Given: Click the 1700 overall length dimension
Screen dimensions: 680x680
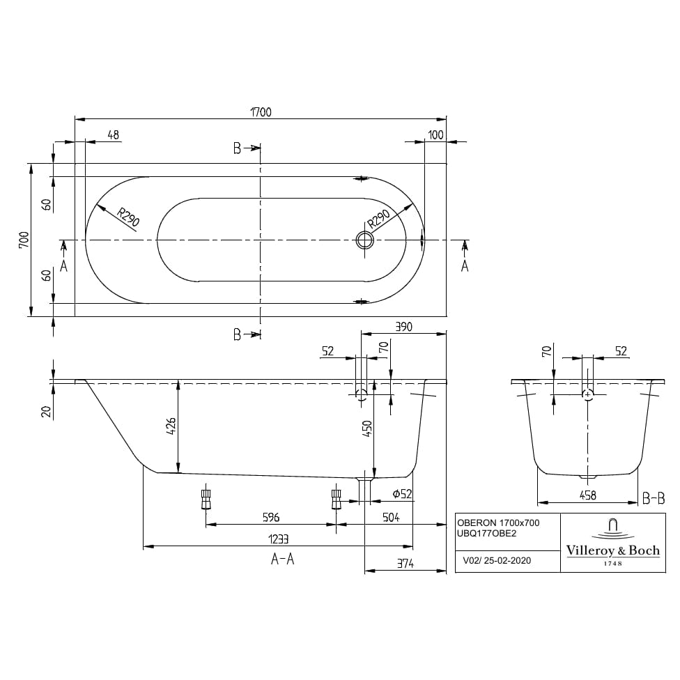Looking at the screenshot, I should click(x=261, y=111).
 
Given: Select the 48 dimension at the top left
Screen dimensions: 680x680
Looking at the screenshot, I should click(x=114, y=134).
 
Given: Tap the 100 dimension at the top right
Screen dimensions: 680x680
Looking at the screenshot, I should click(x=436, y=134).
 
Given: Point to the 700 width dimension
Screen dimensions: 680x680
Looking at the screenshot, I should click(x=24, y=240).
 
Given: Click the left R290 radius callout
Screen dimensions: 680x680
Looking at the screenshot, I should click(x=128, y=218).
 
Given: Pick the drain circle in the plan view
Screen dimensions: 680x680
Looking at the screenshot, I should click(x=364, y=240).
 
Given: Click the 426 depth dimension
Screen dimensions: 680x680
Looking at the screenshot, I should click(x=171, y=425).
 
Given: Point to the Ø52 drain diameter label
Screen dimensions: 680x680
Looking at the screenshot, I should click(x=403, y=493).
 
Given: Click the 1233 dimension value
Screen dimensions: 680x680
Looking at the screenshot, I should click(x=277, y=539).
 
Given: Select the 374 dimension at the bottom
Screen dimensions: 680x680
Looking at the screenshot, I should click(x=405, y=564).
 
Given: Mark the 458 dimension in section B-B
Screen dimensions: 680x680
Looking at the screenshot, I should click(x=588, y=495).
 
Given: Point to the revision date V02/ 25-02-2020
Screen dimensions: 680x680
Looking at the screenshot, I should click(x=497, y=559).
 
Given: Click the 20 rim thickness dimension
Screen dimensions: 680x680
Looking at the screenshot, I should click(x=46, y=411).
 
